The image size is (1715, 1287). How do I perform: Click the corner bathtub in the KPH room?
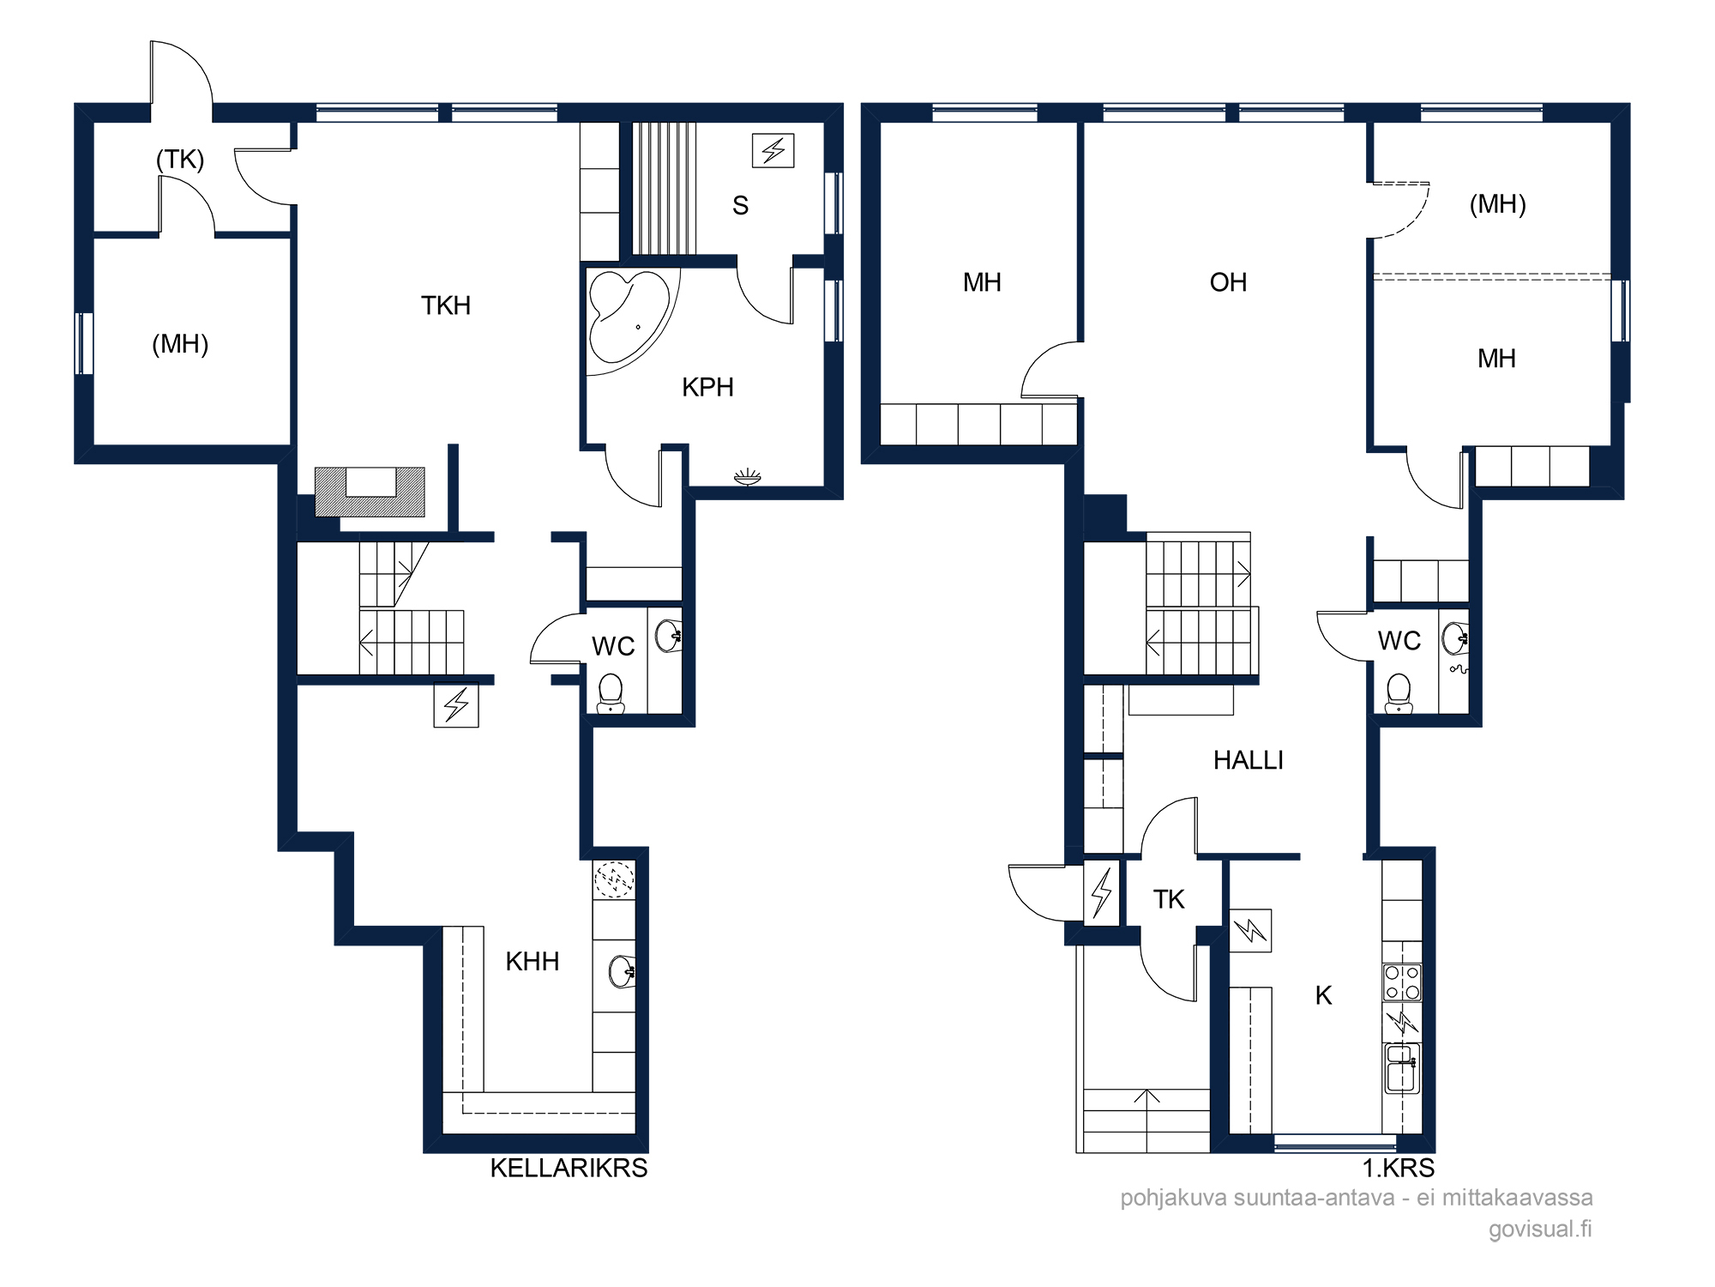[626, 317]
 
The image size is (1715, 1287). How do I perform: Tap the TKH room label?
[446, 305]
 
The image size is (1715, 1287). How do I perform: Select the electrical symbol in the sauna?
[773, 150]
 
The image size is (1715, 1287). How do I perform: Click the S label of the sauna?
[741, 206]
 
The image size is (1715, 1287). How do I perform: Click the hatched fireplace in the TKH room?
[370, 492]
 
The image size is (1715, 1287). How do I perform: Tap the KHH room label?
[533, 962]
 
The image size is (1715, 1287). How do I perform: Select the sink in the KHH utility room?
[622, 971]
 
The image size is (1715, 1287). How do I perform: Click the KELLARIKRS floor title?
[569, 1168]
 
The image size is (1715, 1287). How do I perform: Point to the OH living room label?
[1228, 282]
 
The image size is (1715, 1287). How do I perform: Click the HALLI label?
[1249, 760]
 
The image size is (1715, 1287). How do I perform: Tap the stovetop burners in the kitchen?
[1402, 982]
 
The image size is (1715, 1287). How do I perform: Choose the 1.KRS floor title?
[1399, 1168]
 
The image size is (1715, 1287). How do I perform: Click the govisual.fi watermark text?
[1540, 1229]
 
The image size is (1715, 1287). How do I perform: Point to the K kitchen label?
[1323, 996]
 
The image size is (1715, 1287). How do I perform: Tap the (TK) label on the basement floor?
[180, 160]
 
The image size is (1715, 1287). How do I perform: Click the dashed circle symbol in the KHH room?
[615, 879]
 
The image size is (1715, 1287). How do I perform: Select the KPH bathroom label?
[707, 387]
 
